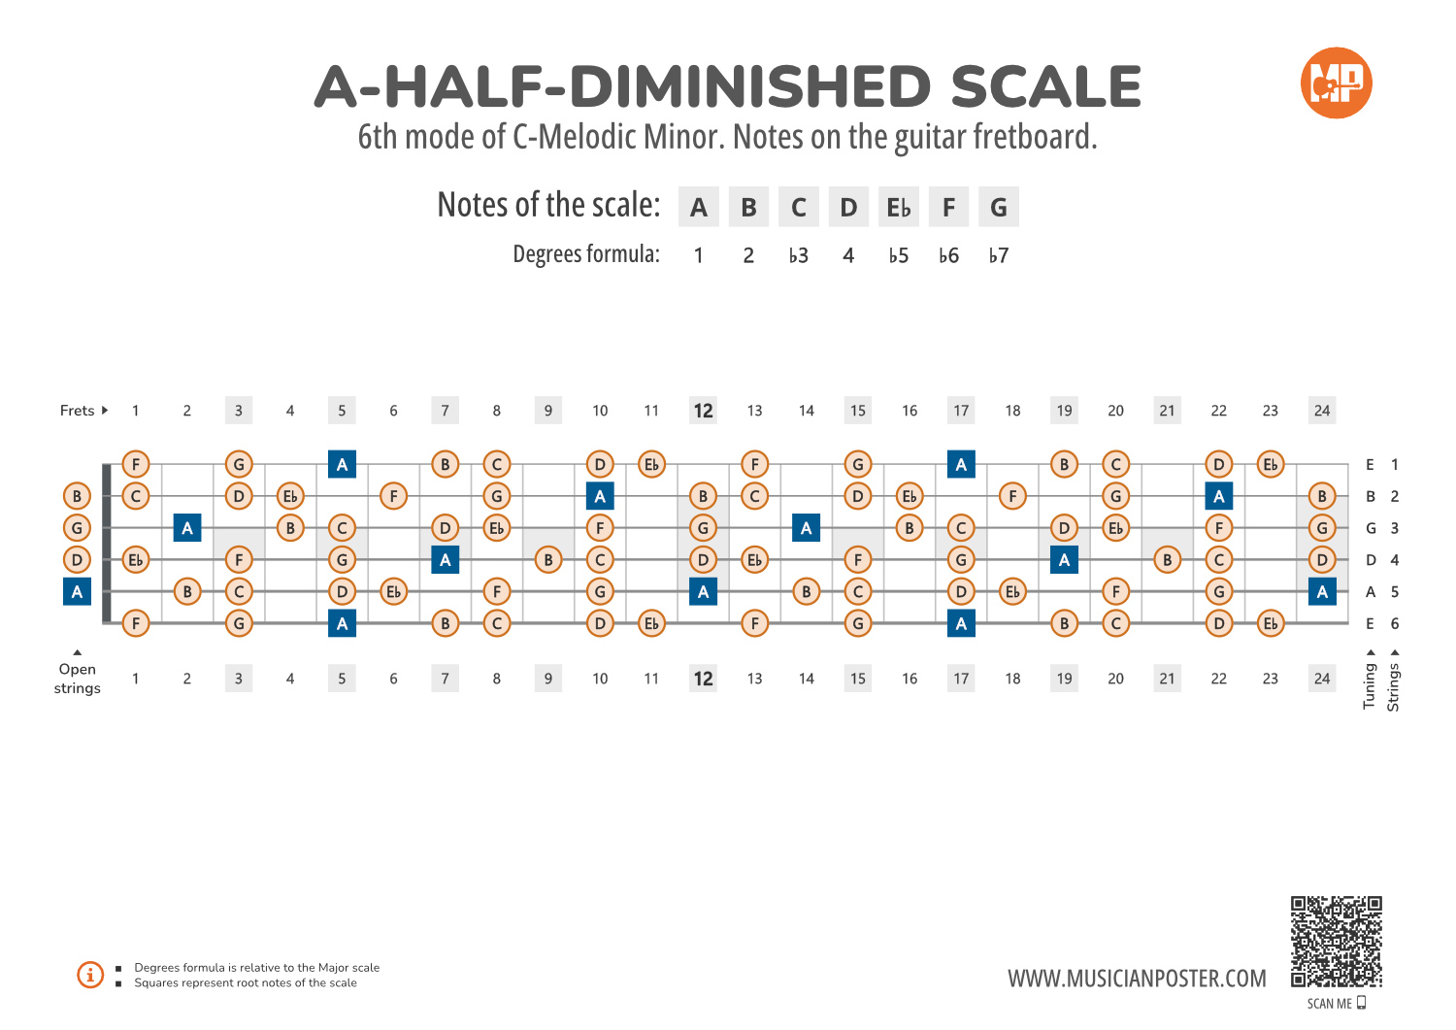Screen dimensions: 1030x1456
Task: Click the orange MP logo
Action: point(1336,83)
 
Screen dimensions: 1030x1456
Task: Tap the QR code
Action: point(1336,942)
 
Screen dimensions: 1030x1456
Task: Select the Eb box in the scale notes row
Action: point(899,208)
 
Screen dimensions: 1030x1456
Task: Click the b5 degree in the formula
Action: point(899,256)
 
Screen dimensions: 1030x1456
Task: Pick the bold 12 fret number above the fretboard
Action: point(703,411)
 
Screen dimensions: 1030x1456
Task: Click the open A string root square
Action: point(77,591)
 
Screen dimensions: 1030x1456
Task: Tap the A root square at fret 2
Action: point(187,528)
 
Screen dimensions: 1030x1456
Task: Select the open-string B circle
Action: point(77,496)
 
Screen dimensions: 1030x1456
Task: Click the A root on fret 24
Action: point(1322,591)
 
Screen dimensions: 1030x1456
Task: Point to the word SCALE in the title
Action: point(1045,87)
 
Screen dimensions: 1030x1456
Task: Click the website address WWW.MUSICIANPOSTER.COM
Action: point(1137,979)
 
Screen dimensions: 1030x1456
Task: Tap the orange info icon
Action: point(90,975)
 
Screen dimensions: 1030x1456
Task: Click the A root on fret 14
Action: point(807,528)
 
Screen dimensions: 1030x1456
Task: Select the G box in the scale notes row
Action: point(999,208)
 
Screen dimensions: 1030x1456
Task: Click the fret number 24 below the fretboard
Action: point(1322,679)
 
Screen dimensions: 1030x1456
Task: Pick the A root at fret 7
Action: point(446,559)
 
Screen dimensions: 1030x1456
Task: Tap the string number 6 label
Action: point(1395,623)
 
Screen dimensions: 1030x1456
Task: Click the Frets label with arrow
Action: point(83,411)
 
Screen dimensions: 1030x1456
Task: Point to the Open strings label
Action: point(78,679)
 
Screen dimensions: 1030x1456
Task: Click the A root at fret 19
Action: point(1065,559)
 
